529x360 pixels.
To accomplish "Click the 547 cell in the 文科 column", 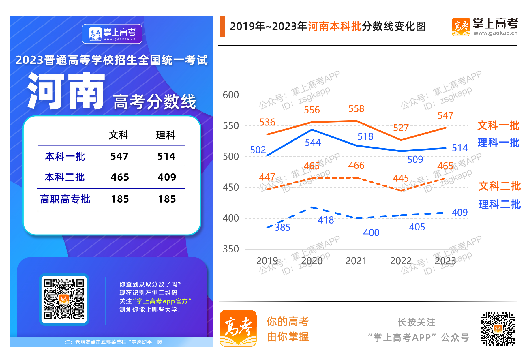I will [119, 156].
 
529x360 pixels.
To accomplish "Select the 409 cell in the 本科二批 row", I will [167, 177].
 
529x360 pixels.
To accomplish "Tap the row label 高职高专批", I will [65, 199].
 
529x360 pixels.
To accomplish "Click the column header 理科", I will [166, 135].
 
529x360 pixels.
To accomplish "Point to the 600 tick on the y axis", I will [231, 95].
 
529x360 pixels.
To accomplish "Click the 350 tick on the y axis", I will [231, 249].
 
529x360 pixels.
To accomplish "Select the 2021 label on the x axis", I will [356, 261].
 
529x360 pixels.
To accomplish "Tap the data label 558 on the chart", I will [356, 109].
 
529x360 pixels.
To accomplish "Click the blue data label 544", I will [313, 142].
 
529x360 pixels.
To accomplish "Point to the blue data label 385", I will [282, 228].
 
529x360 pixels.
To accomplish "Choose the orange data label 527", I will [401, 128].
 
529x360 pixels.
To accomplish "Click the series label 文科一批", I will [498, 126].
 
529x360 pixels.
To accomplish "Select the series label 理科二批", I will [500, 205].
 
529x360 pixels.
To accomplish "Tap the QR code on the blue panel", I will [64, 299].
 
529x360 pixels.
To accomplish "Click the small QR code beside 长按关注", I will [498, 329].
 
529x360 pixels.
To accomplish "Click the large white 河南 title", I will [66, 91].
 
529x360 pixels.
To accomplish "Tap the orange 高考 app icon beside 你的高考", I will [238, 328].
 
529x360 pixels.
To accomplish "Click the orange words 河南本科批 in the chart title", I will [335, 27].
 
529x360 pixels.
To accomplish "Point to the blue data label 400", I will [371, 233].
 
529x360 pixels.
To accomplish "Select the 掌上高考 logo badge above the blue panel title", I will [112, 34].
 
